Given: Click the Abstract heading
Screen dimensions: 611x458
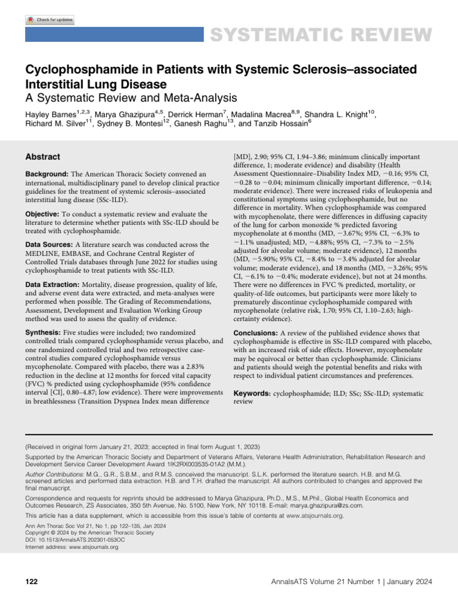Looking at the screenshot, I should coord(42,157).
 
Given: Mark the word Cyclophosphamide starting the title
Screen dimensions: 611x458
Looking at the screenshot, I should coord(75,70).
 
